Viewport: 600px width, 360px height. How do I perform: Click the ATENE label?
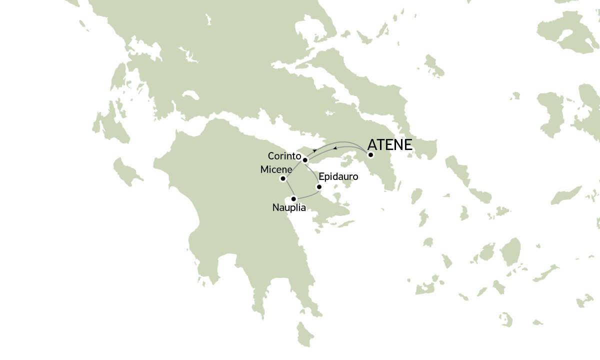[389, 145]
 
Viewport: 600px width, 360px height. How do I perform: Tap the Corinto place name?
[283, 155]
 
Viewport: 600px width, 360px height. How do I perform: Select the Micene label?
[276, 170]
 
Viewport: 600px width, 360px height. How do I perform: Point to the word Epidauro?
[338, 176]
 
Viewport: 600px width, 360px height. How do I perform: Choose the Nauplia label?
[289, 207]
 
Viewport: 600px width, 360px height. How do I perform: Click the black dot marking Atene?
[370, 155]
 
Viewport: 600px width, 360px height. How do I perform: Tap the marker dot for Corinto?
[305, 160]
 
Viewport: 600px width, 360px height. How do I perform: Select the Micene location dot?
[283, 178]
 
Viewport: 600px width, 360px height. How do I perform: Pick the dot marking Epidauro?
[319, 187]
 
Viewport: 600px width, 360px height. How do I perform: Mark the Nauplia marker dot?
[294, 198]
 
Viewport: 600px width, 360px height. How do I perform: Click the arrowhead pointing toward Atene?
[335, 148]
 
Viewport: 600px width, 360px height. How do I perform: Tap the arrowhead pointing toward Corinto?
[314, 150]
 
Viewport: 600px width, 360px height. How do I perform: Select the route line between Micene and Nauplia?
[288, 188]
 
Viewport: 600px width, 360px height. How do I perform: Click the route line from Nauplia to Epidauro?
[308, 196]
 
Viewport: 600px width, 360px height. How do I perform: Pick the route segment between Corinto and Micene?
[294, 169]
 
